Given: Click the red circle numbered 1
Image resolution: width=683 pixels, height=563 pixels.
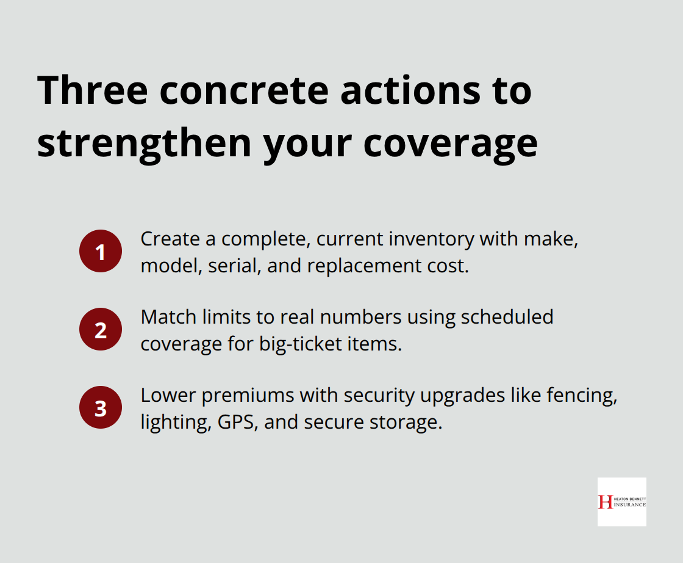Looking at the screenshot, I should (x=101, y=251).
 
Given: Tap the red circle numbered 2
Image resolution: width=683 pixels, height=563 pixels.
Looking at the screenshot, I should (x=101, y=329).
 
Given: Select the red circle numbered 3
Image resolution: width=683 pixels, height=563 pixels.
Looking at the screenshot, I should (x=101, y=407).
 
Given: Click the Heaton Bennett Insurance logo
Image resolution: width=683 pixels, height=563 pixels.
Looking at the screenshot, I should (x=621, y=501).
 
